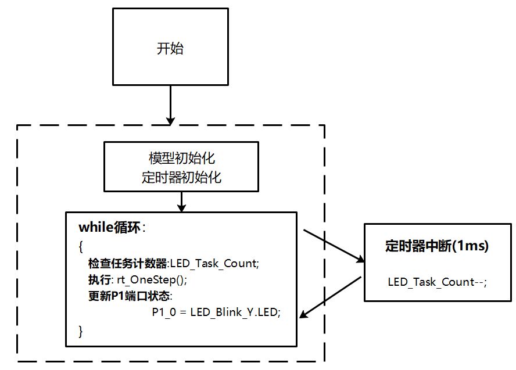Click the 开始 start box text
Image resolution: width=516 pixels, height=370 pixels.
point(170,49)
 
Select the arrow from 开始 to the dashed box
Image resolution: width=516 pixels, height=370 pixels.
point(170,105)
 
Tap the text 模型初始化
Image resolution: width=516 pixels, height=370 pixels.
point(182,159)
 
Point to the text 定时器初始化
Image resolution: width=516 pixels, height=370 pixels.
point(182,178)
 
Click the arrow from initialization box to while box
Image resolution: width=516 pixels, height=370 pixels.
point(182,201)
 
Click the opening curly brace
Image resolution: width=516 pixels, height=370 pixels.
point(81,246)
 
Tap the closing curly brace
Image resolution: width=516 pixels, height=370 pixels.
point(81,331)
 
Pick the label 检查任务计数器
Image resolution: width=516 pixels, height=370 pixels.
point(127,263)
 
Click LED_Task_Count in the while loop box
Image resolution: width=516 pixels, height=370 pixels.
point(213,263)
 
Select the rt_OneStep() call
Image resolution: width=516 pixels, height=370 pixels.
point(152,279)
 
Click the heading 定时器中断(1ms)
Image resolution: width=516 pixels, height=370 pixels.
point(436,246)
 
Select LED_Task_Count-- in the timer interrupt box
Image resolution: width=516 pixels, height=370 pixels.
point(436,282)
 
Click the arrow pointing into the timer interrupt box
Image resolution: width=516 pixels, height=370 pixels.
point(333,246)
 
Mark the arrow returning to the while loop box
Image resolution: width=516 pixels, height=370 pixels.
point(331,296)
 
